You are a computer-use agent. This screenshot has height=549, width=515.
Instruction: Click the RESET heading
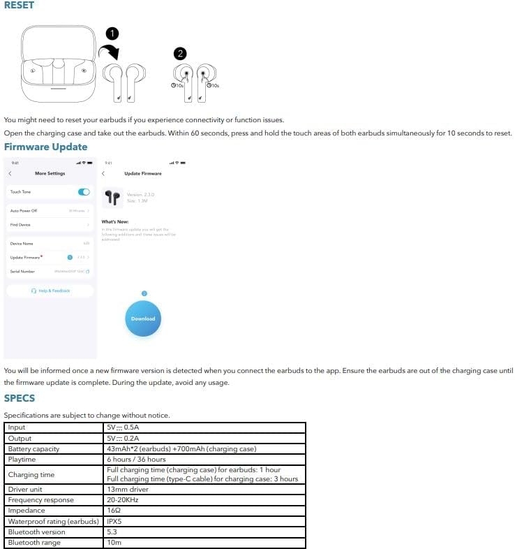pyautogui.click(x=19, y=6)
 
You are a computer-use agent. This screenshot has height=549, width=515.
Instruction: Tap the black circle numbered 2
pyautogui.click(x=180, y=53)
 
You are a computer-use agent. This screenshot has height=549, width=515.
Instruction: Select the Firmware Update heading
pyautogui.click(x=45, y=147)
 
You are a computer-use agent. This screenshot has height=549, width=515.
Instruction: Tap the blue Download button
pyautogui.click(x=143, y=319)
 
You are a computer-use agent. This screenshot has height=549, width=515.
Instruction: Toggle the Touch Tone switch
pyautogui.click(x=84, y=192)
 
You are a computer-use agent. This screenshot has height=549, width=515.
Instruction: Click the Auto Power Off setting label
pyautogui.click(x=24, y=210)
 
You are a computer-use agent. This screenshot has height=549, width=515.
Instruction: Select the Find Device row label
pyautogui.click(x=21, y=225)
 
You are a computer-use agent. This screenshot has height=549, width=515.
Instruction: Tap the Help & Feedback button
pyautogui.click(x=50, y=291)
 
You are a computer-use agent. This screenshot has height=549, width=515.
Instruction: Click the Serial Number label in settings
pyautogui.click(x=22, y=271)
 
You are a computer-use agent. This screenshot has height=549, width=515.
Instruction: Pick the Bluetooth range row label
pyautogui.click(x=33, y=543)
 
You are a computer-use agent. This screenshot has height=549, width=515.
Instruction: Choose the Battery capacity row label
pyautogui.click(x=33, y=448)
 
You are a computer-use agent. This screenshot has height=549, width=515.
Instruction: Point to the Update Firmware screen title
pyautogui.click(x=142, y=173)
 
